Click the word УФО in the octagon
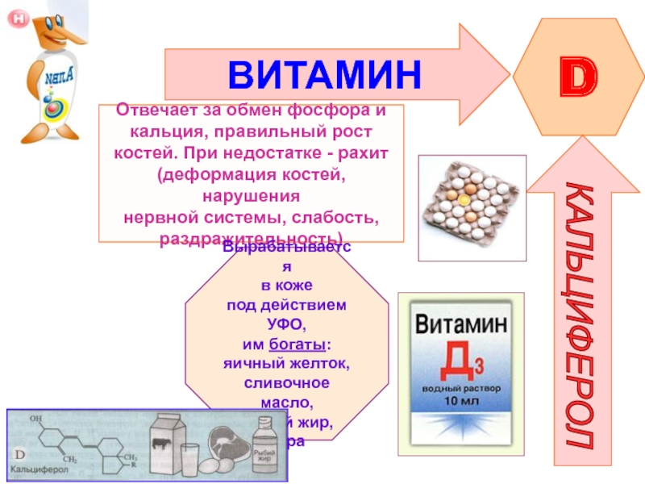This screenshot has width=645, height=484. pos(285,325)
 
